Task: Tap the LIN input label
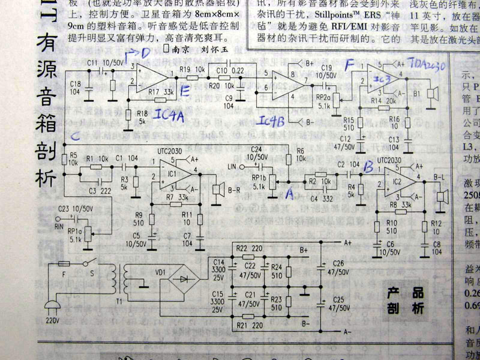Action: click(x=233, y=166)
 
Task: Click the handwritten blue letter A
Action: click(x=290, y=193)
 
